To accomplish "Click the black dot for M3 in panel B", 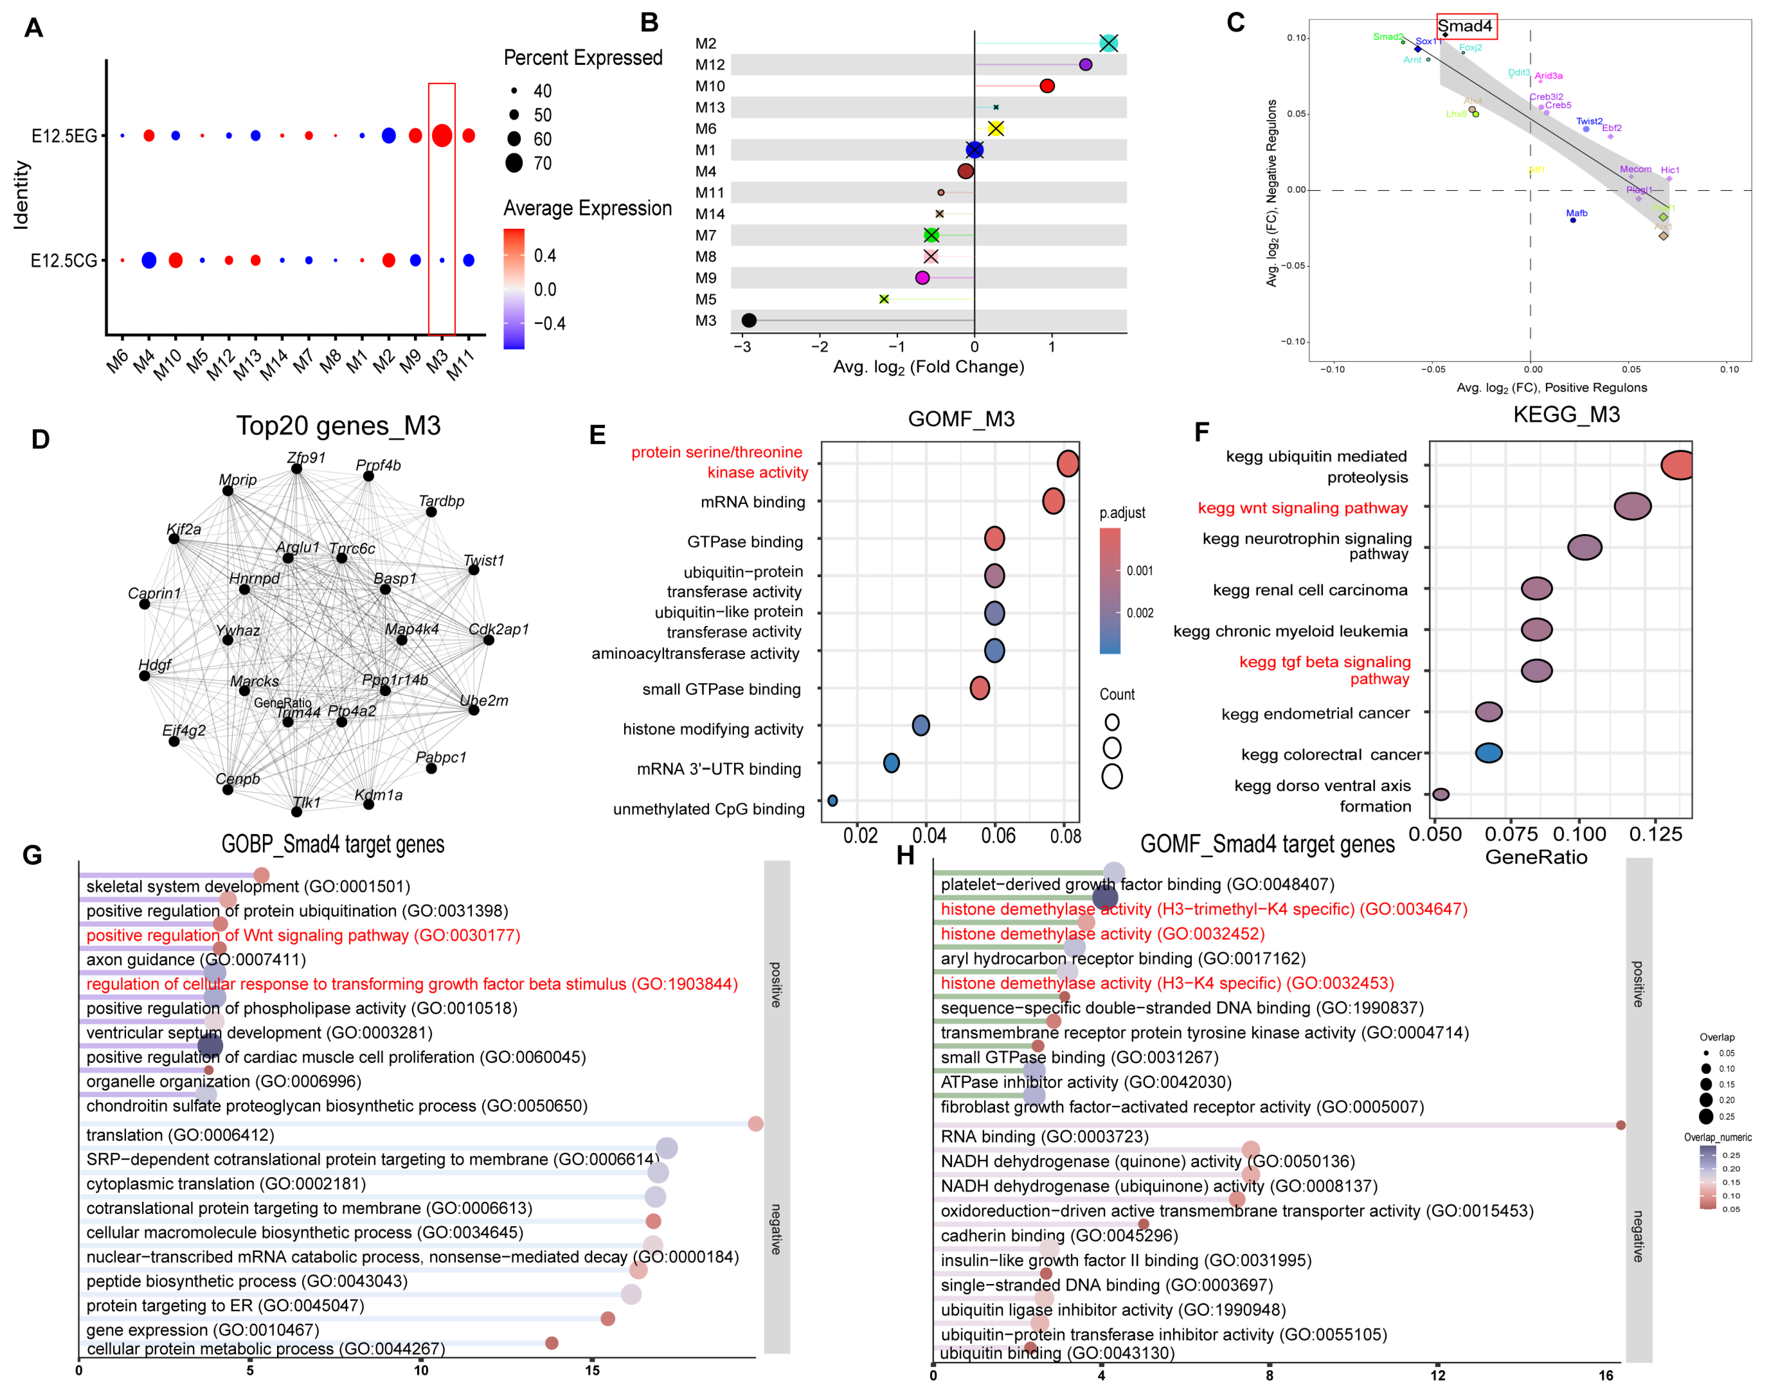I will [x=749, y=321].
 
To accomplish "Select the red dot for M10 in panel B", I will [x=1047, y=86].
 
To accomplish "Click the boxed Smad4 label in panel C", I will [x=1465, y=26].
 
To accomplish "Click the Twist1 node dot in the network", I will [x=474, y=570].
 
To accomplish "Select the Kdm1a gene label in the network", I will [x=379, y=795].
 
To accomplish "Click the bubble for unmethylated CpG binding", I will [x=832, y=801].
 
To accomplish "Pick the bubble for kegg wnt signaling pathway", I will [x=1632, y=506].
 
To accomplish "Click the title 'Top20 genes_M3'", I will [x=339, y=426].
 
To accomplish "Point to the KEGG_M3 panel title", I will [x=1566, y=415].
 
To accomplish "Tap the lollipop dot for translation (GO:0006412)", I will [x=755, y=1124].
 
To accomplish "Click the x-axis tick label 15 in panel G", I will [x=592, y=1371].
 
